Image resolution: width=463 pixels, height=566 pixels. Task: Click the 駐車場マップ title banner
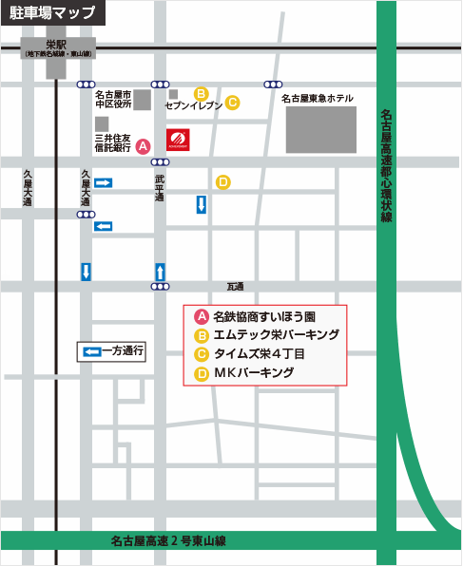(52, 13)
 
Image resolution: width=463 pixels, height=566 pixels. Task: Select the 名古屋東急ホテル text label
(318, 99)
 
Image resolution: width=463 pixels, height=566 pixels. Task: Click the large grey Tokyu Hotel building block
(321, 130)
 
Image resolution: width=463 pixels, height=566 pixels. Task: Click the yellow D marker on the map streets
(222, 181)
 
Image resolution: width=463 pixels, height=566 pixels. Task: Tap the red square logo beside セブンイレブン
(179, 140)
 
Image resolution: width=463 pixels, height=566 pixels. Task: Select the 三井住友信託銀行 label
(112, 144)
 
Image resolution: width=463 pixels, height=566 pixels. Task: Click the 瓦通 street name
(235, 286)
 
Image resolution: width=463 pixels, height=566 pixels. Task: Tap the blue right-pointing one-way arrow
(103, 182)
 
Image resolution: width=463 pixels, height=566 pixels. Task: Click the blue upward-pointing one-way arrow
(160, 271)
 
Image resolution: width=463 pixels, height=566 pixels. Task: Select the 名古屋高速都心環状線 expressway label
(386, 165)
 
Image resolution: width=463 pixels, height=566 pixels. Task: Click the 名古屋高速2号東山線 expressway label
(167, 541)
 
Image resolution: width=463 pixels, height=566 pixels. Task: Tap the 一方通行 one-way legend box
(112, 351)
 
